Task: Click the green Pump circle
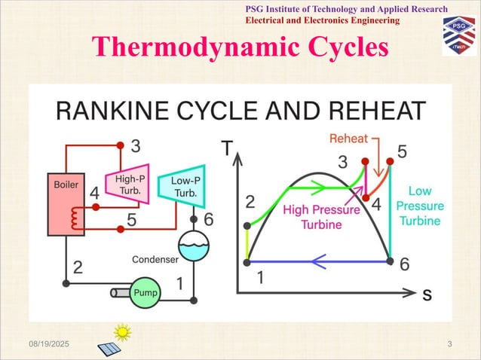point(146,291)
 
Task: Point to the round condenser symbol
point(195,245)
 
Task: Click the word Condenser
point(155,260)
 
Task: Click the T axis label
point(225,148)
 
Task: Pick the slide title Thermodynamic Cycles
point(241,47)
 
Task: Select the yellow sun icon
point(122,331)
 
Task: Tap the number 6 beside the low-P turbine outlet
point(209,219)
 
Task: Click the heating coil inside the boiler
point(74,219)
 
